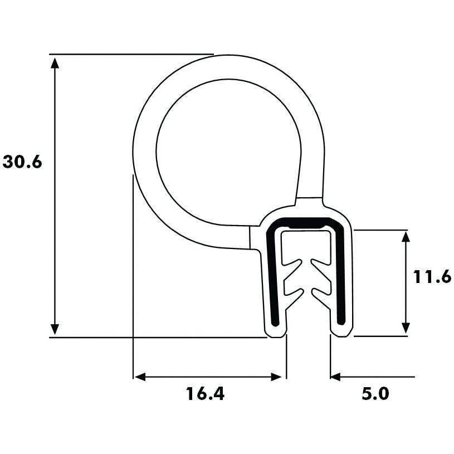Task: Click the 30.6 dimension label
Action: [x=23, y=162]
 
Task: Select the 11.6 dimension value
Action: [x=432, y=277]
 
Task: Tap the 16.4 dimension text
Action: [x=205, y=394]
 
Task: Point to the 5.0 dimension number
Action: [x=375, y=394]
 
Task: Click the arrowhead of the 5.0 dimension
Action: [x=336, y=377]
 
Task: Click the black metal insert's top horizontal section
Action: [x=305, y=222]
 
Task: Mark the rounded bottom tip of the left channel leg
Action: [x=275, y=333]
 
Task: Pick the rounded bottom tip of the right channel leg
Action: [x=341, y=333]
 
